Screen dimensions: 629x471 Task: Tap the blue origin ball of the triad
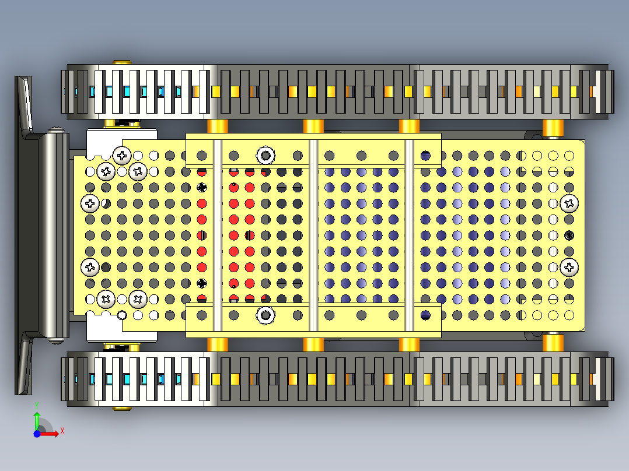pyautogui.click(x=37, y=434)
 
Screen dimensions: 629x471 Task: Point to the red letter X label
pyautogui.click(x=62, y=431)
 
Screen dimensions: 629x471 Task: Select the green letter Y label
pyautogui.click(x=37, y=406)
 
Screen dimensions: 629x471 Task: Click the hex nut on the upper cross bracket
pyautogui.click(x=265, y=155)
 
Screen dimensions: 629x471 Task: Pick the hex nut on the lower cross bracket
pyautogui.click(x=265, y=315)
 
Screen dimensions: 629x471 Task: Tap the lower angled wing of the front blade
pyautogui.click(x=25, y=363)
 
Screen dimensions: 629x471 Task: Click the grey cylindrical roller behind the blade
pyautogui.click(x=54, y=235)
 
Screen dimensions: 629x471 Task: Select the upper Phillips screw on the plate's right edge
pyautogui.click(x=569, y=203)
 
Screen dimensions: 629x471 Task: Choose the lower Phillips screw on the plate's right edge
pyautogui.click(x=569, y=268)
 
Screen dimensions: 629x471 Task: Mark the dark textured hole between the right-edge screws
pyautogui.click(x=569, y=235)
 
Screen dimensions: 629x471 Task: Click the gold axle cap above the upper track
pyautogui.click(x=121, y=62)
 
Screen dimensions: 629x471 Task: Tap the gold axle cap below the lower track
pyautogui.click(x=121, y=409)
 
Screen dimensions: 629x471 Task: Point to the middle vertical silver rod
pyautogui.click(x=313, y=235)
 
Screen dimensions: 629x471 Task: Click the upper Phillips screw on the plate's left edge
pyautogui.click(x=90, y=203)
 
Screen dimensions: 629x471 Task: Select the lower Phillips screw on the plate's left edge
pyautogui.click(x=90, y=268)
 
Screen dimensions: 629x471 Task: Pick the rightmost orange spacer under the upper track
pyautogui.click(x=553, y=128)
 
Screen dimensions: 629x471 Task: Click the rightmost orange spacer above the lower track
pyautogui.click(x=553, y=343)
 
